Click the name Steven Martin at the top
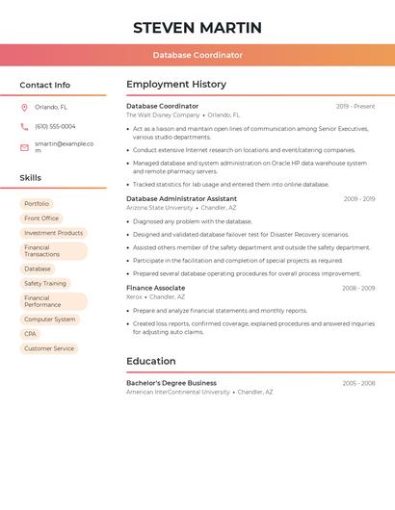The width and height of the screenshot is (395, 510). click(x=197, y=27)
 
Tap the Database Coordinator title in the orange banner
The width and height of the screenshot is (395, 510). click(x=197, y=55)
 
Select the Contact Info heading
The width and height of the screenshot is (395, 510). click(x=44, y=85)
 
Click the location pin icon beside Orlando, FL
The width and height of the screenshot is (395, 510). click(x=24, y=108)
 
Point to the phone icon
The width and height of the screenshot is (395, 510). click(x=24, y=126)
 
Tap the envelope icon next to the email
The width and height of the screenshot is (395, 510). click(x=24, y=147)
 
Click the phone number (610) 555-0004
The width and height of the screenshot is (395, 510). click(x=55, y=126)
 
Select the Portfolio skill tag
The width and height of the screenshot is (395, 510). click(x=37, y=204)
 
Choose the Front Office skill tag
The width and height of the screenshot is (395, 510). click(x=41, y=218)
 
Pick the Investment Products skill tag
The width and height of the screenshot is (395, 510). click(x=53, y=233)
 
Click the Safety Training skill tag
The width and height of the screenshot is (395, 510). click(x=45, y=284)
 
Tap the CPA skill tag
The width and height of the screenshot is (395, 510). click(x=31, y=334)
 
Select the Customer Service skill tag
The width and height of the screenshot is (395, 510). click(x=49, y=348)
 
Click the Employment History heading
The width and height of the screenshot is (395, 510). click(x=176, y=85)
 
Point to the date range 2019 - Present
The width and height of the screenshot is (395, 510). click(x=355, y=106)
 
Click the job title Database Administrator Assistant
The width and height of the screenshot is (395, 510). click(x=181, y=198)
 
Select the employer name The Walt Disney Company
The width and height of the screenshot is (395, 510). click(x=163, y=115)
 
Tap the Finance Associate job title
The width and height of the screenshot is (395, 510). click(x=155, y=288)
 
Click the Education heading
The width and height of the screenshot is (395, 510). click(x=151, y=361)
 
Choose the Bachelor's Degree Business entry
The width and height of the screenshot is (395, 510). click(x=171, y=383)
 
